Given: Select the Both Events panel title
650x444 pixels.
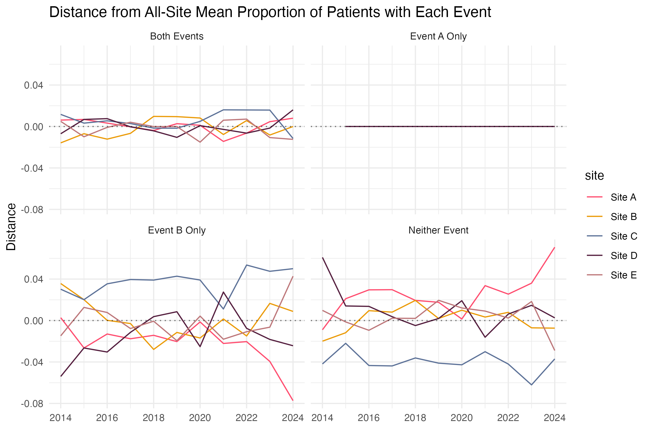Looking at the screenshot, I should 177,36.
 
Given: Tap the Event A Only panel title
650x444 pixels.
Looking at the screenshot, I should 438,36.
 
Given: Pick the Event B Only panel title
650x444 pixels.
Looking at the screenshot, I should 177,230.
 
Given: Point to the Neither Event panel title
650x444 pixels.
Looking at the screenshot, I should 438,230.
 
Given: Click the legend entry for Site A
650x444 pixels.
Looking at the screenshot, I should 623,197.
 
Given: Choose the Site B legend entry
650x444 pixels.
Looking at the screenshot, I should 623,217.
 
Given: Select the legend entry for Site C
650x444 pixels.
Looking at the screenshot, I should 623,236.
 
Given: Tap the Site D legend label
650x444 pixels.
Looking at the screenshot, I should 623,256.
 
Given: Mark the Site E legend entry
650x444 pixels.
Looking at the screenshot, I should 623,275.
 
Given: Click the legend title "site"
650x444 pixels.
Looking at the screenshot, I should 594,176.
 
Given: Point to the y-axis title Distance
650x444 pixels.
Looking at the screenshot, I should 11,227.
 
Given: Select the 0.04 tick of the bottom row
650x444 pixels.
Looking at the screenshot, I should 33,279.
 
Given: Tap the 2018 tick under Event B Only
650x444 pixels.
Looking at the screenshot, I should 153,418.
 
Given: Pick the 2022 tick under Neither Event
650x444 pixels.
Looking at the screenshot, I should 508,418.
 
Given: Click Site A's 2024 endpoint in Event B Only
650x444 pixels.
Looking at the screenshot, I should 293,400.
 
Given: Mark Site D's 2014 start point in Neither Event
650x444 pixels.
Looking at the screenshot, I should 323,257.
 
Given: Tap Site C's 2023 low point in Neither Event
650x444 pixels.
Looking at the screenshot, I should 531,385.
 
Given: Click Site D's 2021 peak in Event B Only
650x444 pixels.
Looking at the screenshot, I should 223,292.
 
